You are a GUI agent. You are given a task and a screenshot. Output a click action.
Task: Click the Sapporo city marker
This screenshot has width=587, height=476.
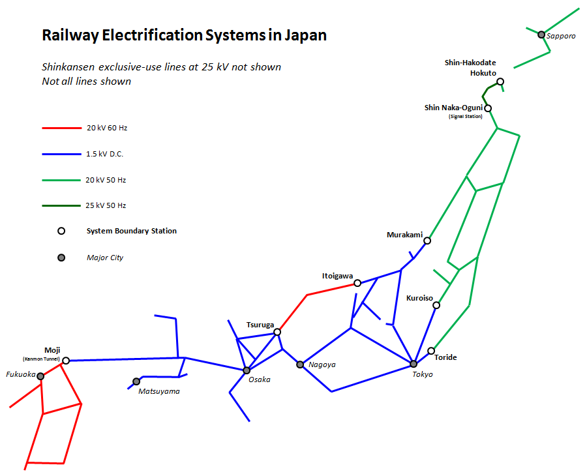tap(541, 35)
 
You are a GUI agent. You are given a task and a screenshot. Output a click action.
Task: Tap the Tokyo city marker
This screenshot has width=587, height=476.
tap(414, 364)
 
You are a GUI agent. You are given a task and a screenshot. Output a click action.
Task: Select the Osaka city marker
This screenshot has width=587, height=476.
tap(247, 370)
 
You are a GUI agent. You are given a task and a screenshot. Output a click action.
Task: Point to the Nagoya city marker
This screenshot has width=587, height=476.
tap(300, 364)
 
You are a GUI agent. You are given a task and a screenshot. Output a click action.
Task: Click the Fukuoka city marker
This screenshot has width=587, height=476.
tap(40, 376)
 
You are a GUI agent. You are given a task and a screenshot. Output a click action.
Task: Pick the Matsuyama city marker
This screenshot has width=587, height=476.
tap(136, 381)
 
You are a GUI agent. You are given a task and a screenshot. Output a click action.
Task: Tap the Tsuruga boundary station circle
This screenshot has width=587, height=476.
tap(277, 332)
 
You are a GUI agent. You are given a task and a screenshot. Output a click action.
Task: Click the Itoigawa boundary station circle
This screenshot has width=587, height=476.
tap(357, 283)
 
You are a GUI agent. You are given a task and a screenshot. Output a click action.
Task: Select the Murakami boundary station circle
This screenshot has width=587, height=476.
tap(427, 241)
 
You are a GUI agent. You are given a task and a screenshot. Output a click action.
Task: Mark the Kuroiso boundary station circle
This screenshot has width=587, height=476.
tap(436, 305)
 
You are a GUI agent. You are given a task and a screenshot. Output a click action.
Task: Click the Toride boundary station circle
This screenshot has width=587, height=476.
tap(431, 351)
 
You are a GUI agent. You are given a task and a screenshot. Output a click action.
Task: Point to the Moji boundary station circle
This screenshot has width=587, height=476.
tap(66, 360)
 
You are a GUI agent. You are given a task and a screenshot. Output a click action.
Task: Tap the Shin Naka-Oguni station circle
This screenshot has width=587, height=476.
tap(487, 108)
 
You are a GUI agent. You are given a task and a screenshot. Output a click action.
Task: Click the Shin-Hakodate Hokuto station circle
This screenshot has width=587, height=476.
tap(500, 82)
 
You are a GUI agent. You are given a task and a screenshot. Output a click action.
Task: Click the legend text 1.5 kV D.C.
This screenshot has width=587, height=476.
tap(105, 154)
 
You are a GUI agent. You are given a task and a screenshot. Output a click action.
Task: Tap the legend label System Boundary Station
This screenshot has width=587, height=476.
tap(132, 231)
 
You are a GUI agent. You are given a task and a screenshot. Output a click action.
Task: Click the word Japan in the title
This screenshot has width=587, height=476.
tap(305, 35)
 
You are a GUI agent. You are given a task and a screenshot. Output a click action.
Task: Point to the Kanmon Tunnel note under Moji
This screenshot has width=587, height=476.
tap(41, 359)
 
